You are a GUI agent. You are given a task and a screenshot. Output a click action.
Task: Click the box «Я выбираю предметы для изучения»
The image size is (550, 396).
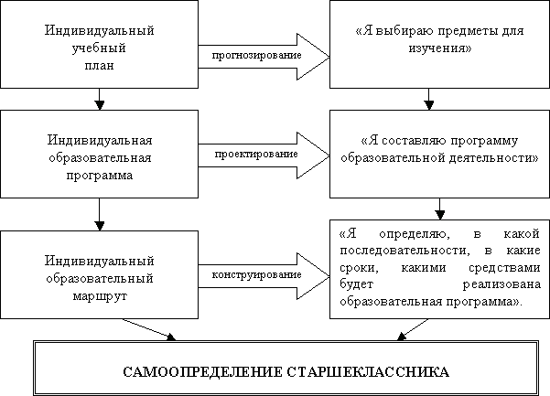pos(426,44)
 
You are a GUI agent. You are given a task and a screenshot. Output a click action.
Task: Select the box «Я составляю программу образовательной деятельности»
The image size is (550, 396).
pos(436,149)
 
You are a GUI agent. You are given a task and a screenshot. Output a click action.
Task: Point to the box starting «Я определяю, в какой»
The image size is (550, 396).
pos(437,266)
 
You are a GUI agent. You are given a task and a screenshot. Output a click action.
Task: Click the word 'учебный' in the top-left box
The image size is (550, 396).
pos(99,48)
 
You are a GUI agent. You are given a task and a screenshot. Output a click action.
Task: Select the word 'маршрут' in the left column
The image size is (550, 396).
pos(99,296)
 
